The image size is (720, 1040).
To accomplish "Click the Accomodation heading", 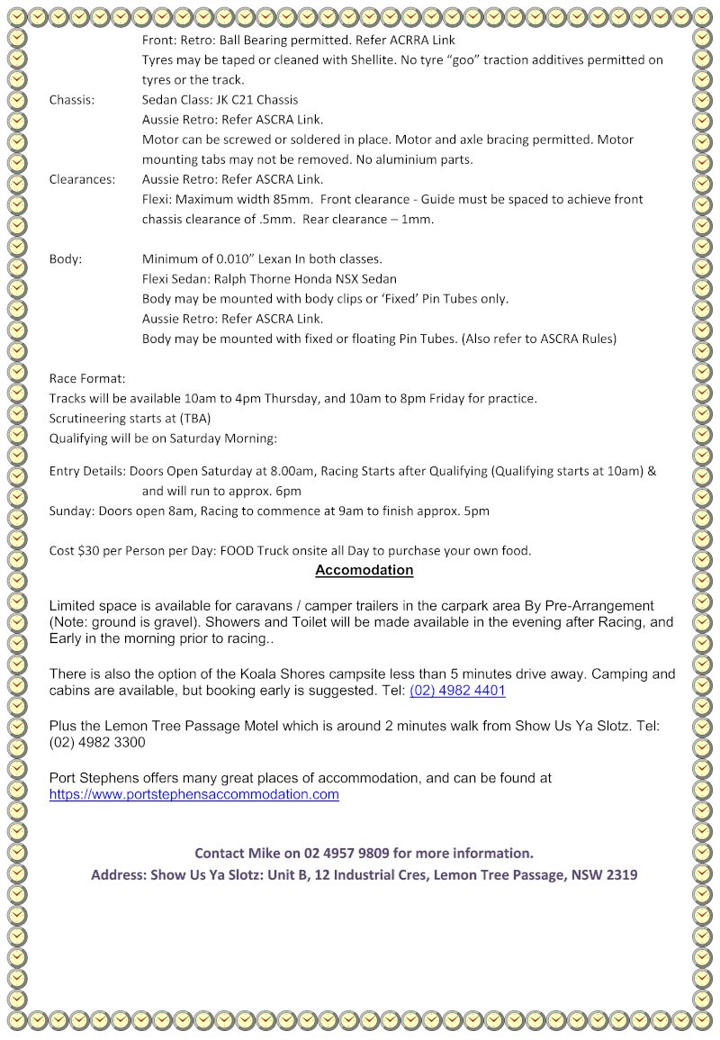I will (x=364, y=570).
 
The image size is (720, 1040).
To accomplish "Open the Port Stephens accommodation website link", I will (x=193, y=794).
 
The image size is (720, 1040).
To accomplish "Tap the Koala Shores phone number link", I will (x=457, y=691).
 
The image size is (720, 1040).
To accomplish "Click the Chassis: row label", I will (x=72, y=100).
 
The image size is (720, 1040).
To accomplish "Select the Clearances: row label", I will (x=82, y=179).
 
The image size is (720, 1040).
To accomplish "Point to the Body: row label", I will (x=65, y=259).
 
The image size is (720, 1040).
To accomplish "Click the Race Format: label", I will (x=87, y=379).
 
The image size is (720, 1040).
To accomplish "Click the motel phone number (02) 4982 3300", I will (x=97, y=743).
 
